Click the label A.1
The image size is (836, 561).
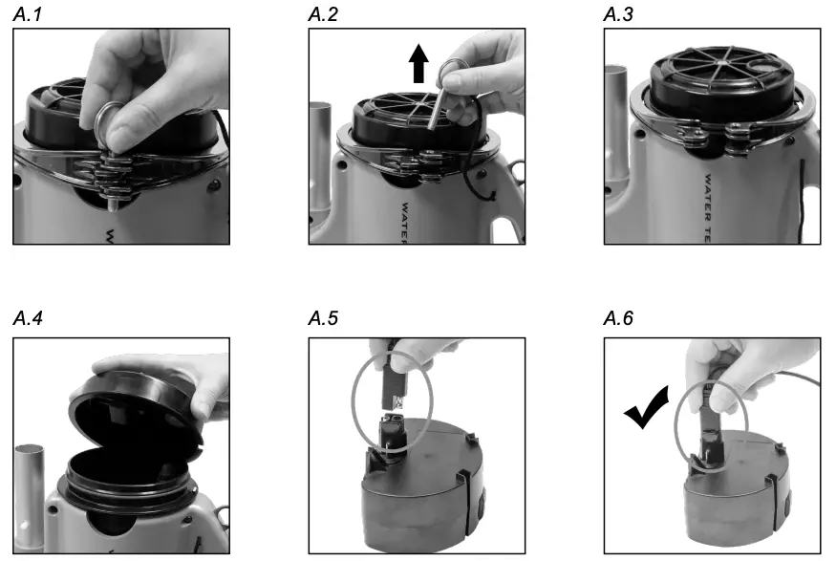click(x=28, y=14)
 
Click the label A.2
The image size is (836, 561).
click(x=325, y=14)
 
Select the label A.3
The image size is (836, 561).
click(x=620, y=14)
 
